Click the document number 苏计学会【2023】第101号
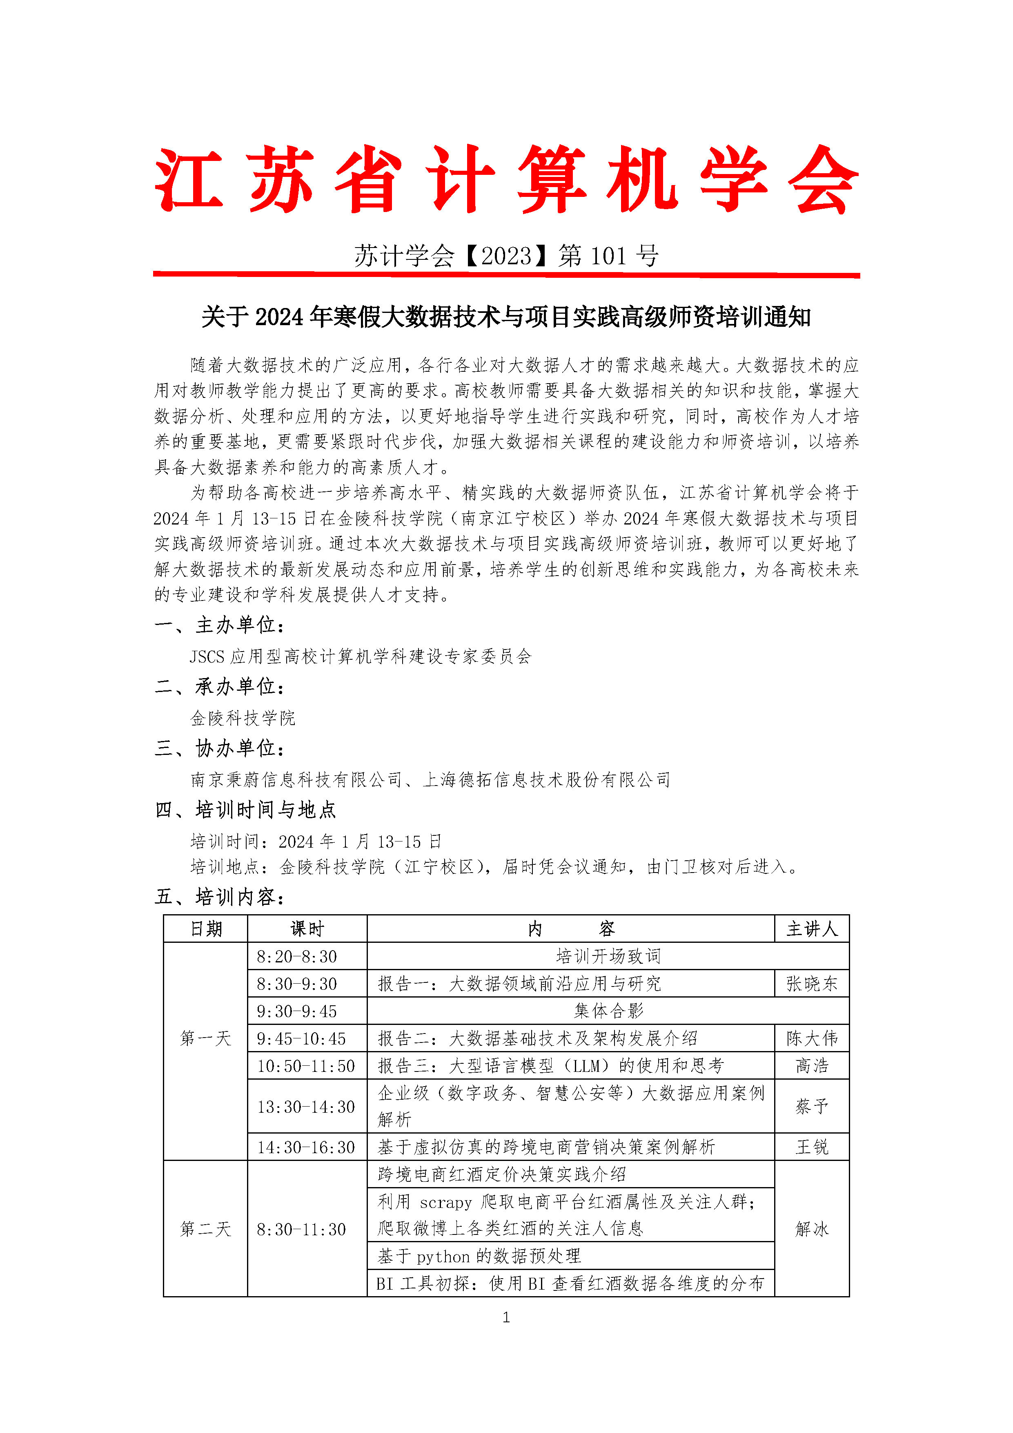tap(506, 256)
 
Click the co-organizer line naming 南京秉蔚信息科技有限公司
tap(430, 779)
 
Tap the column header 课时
tap(307, 929)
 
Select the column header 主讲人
tap(812, 929)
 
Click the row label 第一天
tap(205, 1038)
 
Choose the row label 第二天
tap(205, 1229)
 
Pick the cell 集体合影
tap(608, 1011)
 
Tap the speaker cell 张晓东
tap(812, 984)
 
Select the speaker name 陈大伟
tap(812, 1038)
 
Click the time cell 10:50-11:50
tap(306, 1065)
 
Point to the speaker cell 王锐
tap(812, 1147)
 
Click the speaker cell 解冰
tap(812, 1229)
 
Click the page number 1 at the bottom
tap(506, 1317)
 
